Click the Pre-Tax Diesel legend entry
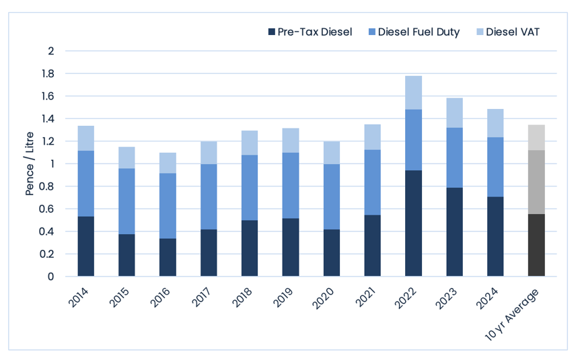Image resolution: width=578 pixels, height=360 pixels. tap(310, 32)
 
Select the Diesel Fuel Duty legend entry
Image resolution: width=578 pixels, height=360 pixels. tap(414, 32)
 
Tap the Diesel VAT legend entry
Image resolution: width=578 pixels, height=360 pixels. tap(508, 32)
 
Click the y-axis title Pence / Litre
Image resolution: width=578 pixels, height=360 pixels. tap(30, 164)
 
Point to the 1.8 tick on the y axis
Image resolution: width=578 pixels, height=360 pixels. tap(48, 74)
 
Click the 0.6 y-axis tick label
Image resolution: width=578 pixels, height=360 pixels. tap(47, 209)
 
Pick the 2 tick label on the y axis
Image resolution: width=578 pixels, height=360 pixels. tap(51, 51)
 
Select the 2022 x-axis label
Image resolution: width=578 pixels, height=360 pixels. tap(406, 297)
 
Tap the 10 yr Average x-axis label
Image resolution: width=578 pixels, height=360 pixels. tap(511, 315)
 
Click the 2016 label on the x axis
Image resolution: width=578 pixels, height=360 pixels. tap(160, 297)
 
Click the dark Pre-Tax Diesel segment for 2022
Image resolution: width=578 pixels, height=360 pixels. tap(414, 223)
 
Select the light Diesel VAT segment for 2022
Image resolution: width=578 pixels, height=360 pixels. tap(414, 93)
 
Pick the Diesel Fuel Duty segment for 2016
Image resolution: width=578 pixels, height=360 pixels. tap(168, 206)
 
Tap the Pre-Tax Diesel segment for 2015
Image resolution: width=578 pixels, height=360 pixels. tap(127, 255)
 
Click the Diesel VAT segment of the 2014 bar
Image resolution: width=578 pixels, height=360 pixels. tap(86, 139)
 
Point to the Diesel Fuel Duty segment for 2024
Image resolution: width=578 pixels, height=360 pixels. tap(495, 168)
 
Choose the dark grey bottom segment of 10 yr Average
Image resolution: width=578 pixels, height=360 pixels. tap(536, 245)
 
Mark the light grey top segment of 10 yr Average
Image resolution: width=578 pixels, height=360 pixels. tap(536, 138)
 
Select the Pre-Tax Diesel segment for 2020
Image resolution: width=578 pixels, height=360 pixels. tap(332, 253)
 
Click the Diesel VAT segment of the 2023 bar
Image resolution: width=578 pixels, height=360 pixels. tap(454, 113)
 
